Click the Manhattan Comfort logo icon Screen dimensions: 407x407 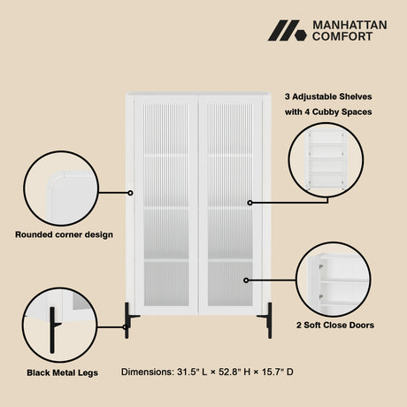[x=288, y=30]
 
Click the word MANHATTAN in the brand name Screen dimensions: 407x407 [x=349, y=25]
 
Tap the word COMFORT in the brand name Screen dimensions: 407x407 [x=342, y=36]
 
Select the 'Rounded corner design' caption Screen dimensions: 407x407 [x=64, y=234]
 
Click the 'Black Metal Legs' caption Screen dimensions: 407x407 [x=62, y=372]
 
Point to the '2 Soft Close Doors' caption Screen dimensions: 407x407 [x=335, y=325]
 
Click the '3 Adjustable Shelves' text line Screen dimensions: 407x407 [x=328, y=96]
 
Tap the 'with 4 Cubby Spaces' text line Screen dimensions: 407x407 [x=328, y=112]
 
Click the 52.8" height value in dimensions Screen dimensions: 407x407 [x=230, y=372]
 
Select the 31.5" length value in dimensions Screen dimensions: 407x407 [x=188, y=372]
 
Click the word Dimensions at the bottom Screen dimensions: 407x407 [x=148, y=372]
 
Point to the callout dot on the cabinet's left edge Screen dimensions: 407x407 [x=130, y=193]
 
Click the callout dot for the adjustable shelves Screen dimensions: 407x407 [x=250, y=203]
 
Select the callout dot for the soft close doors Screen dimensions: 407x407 [x=246, y=280]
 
